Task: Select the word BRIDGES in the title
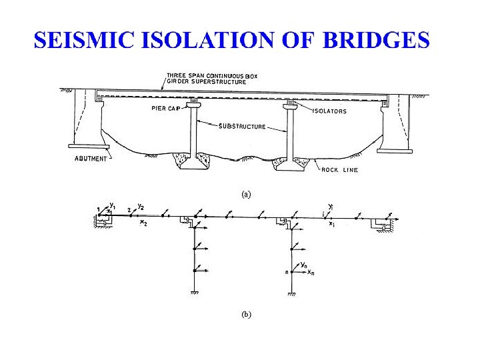point(377,41)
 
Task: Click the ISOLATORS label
point(330,111)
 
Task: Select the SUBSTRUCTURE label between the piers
point(243,126)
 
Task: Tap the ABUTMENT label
point(90,159)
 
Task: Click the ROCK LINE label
point(340,170)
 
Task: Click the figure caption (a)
point(246,195)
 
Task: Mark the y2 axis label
point(141,206)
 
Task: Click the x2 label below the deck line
point(143,223)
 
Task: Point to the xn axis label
point(310,273)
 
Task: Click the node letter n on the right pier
point(286,272)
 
